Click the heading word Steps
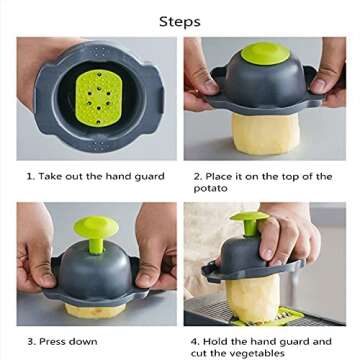[180, 21]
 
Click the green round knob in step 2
[265, 53]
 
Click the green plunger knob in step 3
[96, 227]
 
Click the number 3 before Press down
[30, 341]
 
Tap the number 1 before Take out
[30, 176]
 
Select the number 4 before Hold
[197, 341]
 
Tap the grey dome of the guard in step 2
[265, 83]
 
